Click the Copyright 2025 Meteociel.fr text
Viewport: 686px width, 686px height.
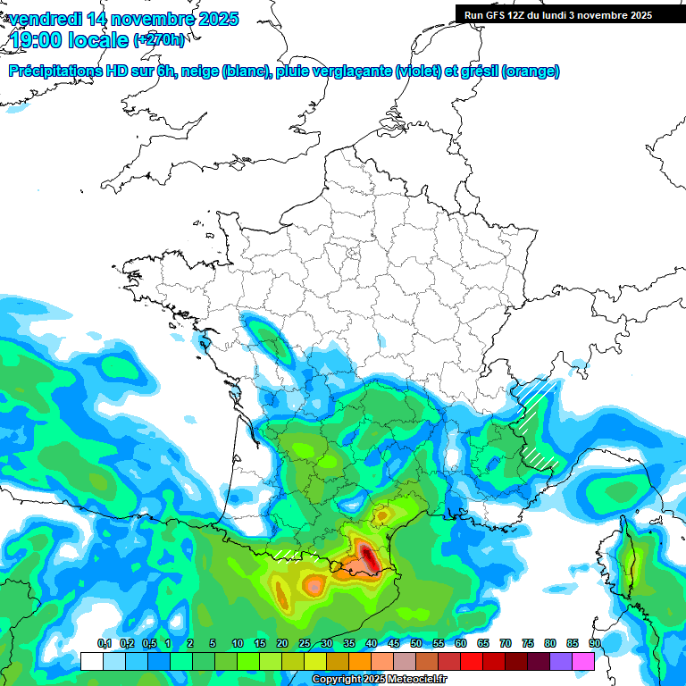(379, 680)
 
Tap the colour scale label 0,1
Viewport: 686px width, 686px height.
(104, 643)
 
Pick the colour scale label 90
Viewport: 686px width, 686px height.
(594, 643)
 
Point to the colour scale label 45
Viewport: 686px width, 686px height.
(393, 643)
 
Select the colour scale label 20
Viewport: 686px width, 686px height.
(281, 643)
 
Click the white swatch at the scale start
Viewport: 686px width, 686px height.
(91, 661)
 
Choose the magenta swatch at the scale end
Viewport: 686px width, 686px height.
(583, 661)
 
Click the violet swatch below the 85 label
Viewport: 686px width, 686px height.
(561, 661)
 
